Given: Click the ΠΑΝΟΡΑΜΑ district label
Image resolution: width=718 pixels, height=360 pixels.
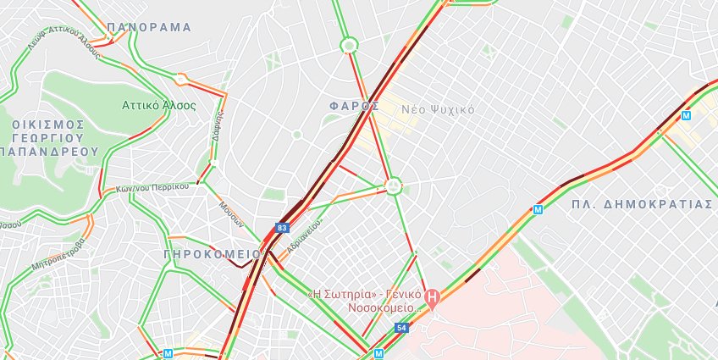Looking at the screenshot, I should point(149,27).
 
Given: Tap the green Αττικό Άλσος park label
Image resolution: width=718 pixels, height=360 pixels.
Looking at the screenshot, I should point(159,106).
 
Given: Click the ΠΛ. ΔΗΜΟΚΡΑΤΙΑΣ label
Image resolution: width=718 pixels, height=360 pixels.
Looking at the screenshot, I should point(642,204).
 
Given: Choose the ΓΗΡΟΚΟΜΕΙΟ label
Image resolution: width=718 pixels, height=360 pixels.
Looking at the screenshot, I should point(213,253).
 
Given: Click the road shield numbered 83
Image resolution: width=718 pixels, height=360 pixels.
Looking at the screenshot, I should point(282,228).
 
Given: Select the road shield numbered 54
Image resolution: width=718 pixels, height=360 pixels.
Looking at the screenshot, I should point(401,327).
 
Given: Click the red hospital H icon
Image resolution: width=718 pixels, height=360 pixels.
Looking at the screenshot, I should point(432,297).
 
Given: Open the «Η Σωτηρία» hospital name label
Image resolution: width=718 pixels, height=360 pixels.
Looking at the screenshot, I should point(364,301).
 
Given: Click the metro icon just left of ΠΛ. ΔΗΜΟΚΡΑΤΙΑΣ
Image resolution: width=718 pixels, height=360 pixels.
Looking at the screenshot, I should point(538,208).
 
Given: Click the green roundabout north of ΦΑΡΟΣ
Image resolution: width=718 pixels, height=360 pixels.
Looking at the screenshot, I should point(348,45).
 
